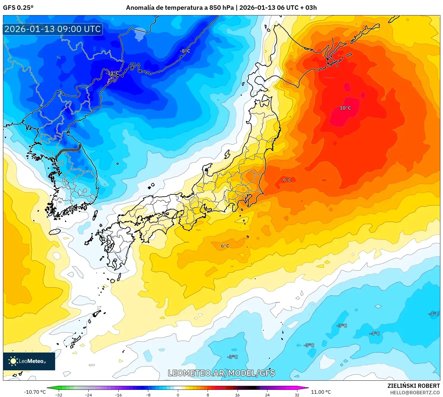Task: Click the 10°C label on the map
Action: [345, 108]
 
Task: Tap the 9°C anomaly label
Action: [287, 180]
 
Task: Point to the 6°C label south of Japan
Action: [225, 246]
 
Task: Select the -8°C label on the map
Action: [185, 51]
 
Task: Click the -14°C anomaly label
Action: [112, 73]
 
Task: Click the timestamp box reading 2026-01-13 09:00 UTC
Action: [53, 29]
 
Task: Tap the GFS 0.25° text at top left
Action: [18, 8]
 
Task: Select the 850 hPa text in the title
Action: [221, 8]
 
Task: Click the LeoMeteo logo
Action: [29, 361]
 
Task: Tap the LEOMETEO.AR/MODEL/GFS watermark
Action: [222, 373]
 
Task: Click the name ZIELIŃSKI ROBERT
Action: [414, 386]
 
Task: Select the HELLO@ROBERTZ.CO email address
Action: [415, 393]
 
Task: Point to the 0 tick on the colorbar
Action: [178, 395]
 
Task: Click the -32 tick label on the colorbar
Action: [59, 395]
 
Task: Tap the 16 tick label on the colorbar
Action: [237, 395]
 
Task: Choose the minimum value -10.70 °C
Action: [35, 392]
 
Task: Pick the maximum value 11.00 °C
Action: [321, 392]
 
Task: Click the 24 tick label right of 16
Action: [267, 395]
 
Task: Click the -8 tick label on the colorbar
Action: [148, 395]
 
